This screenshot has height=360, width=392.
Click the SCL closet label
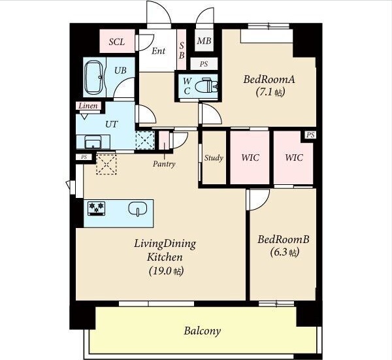[117, 42]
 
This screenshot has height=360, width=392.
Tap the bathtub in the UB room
[93, 77]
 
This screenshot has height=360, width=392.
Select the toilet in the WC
[206, 86]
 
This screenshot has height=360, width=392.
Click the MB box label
[204, 41]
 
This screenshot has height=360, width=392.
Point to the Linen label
[88, 106]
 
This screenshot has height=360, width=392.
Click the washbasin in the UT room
[93, 142]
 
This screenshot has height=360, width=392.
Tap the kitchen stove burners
[96, 208]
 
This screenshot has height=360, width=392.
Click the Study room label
[214, 158]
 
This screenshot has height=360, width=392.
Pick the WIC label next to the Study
[250, 157]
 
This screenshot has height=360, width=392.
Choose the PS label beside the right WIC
[310, 135]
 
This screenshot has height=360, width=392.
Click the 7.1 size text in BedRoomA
[270, 92]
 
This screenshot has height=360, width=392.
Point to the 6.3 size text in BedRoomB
[285, 252]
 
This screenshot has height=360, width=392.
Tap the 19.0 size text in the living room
[166, 270]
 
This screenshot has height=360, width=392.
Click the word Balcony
[203, 331]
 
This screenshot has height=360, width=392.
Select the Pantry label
[164, 164]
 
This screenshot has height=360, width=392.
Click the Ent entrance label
[159, 51]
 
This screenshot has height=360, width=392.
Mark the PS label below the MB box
[204, 64]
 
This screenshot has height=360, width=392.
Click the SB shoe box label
[182, 50]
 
